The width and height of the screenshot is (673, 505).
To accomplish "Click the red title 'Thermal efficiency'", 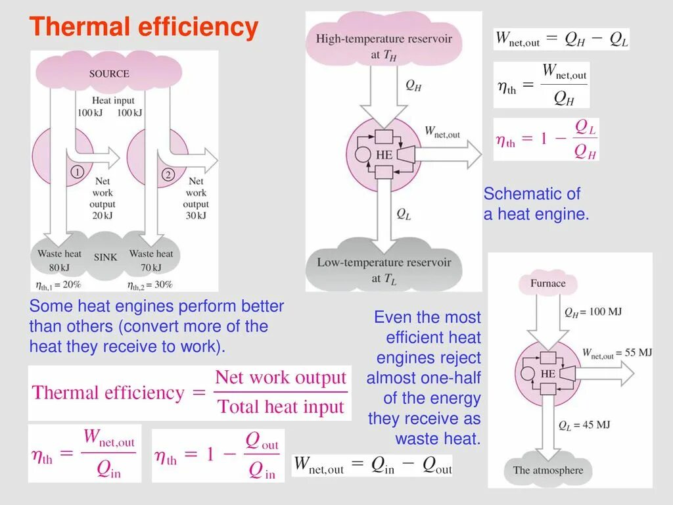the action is [144, 28].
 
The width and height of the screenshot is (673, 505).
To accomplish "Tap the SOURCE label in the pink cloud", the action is [109, 74].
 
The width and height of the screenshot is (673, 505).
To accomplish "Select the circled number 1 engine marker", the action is [77, 174].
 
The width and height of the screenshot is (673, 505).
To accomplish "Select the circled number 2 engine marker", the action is [168, 174].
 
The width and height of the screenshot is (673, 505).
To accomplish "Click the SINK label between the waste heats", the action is [105, 257].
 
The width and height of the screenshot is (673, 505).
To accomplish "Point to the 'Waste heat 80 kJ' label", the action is [59, 260].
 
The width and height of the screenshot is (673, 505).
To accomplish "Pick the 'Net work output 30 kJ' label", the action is [196, 199].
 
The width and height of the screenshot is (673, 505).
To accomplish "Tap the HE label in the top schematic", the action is [384, 155].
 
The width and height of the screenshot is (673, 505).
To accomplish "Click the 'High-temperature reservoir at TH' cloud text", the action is [384, 46].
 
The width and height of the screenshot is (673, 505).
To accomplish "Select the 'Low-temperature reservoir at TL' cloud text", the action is [384, 270].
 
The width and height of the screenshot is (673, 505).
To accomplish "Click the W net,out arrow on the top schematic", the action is [447, 155].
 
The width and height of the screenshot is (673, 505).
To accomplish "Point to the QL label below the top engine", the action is [403, 214].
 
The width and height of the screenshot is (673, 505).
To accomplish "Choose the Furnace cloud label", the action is [548, 283].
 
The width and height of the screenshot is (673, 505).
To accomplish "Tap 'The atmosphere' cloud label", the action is [548, 470].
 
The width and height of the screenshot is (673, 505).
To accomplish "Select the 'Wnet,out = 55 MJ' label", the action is [617, 353].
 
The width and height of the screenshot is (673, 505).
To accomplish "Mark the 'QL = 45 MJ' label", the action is [584, 425].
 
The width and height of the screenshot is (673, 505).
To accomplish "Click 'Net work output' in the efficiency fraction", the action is [281, 377].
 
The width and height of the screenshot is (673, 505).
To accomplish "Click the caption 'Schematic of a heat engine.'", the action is [536, 204].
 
